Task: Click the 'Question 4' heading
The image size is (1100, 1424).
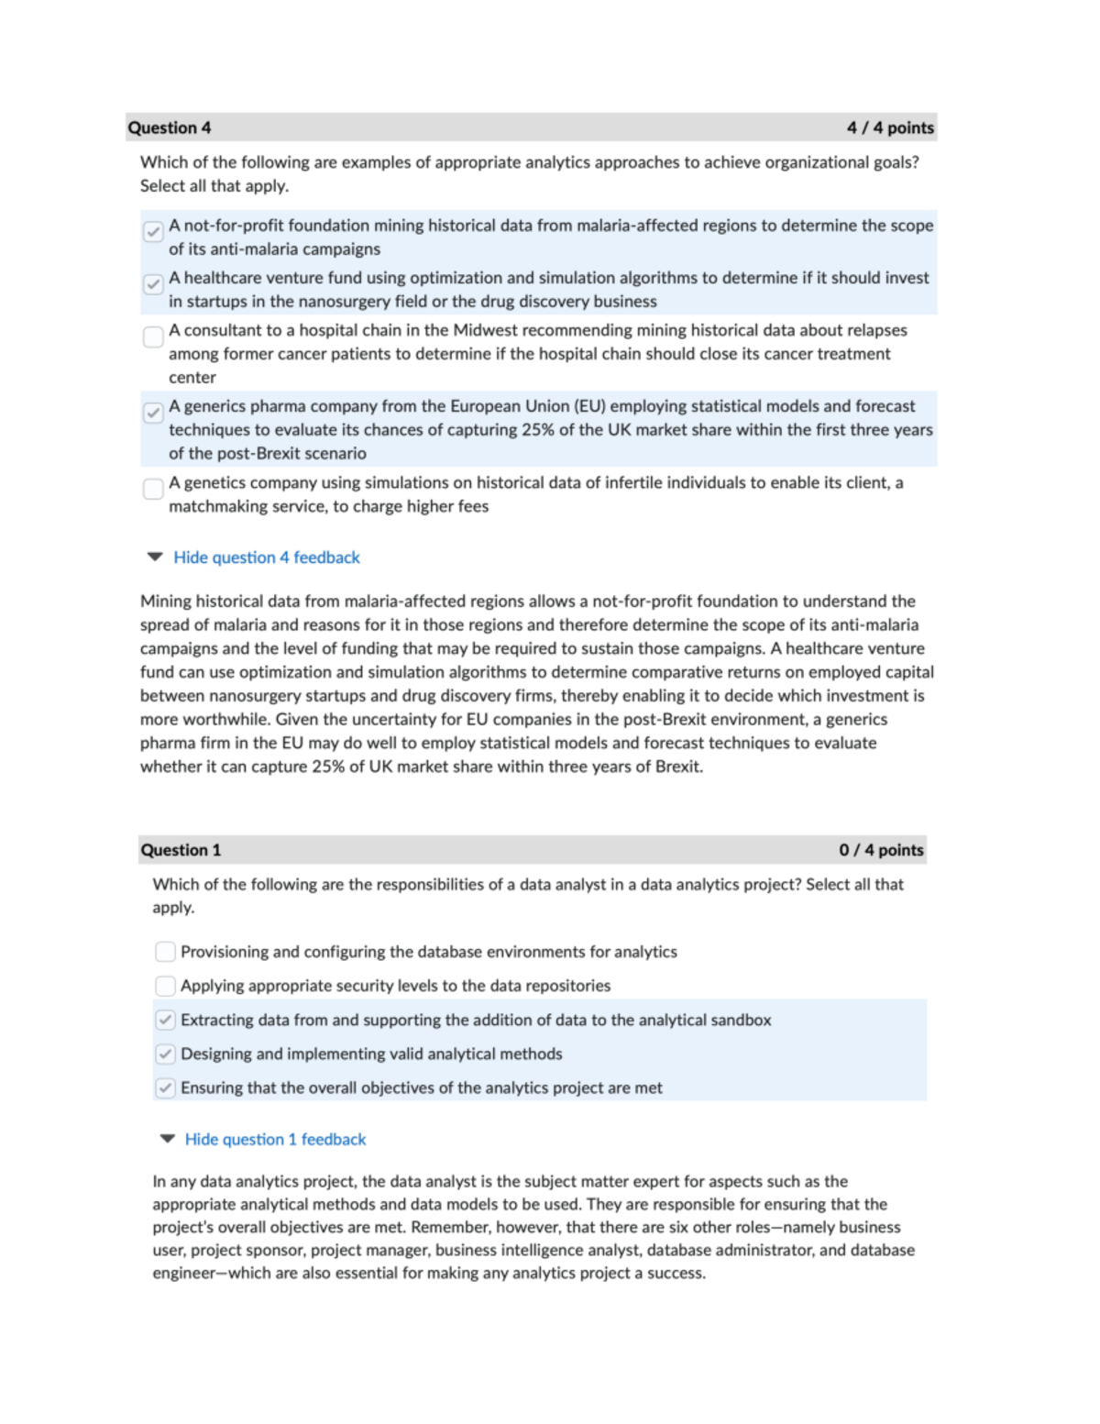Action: coord(170,127)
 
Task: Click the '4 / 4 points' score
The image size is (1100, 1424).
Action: coord(890,127)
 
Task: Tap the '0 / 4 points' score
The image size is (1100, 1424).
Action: coord(881,850)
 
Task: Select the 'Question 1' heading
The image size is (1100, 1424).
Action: coord(181,850)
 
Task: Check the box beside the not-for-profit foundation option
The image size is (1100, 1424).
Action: coord(153,231)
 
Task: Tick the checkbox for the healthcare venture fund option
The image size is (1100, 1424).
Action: coord(153,284)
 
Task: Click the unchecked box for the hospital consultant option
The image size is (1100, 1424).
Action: coord(153,337)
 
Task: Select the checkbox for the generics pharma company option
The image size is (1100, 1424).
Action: coord(153,413)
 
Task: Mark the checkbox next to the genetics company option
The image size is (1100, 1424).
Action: coord(153,489)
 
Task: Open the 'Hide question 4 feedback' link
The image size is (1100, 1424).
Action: coord(267,557)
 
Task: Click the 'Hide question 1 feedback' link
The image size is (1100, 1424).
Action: coord(275,1139)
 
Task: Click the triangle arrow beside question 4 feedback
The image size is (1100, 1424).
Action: coord(155,557)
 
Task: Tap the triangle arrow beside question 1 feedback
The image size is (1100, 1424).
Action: coord(167,1138)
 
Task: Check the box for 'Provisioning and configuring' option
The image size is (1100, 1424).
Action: coord(165,952)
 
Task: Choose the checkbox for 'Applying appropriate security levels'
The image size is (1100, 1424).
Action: coord(165,986)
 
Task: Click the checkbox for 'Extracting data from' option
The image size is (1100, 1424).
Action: coord(165,1020)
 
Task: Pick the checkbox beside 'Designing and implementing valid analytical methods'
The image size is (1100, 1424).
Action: coord(165,1054)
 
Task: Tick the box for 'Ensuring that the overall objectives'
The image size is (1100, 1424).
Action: coord(165,1087)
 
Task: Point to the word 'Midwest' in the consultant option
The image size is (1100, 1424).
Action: coord(487,330)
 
